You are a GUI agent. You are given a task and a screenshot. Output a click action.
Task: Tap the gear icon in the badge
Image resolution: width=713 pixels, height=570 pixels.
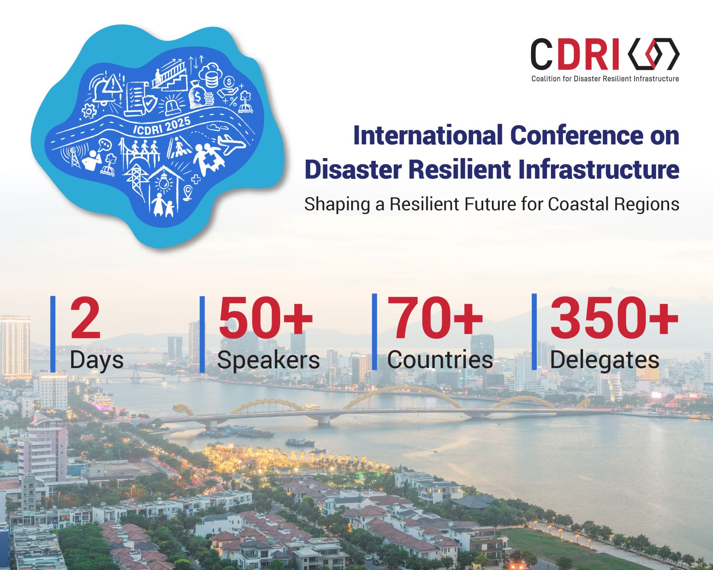tap(89, 111)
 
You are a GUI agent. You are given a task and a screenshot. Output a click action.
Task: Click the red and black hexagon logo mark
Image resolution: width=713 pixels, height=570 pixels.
tap(654, 54)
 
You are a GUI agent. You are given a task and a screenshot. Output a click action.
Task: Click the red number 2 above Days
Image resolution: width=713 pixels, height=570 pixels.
tap(85, 319)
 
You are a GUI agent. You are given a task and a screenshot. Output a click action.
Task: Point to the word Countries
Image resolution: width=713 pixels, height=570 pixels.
tap(440, 360)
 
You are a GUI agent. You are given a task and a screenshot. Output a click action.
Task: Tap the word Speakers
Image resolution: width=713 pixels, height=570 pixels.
tap(268, 360)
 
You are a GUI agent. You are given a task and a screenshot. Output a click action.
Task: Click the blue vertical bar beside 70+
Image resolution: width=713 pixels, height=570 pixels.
tap(375, 332)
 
